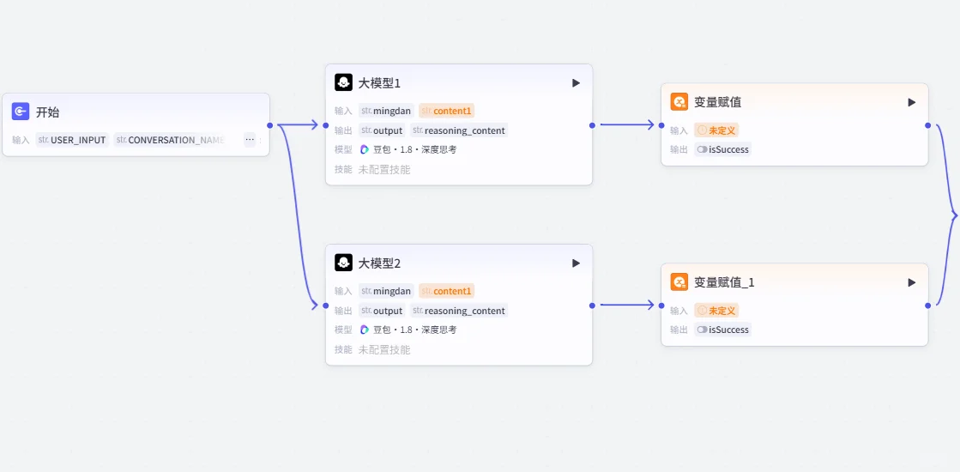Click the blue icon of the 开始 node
coord(21,112)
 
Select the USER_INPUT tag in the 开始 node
coord(72,140)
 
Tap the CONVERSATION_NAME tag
coord(170,140)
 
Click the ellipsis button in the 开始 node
coord(250,140)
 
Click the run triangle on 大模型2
coord(577,263)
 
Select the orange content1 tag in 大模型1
coord(447,111)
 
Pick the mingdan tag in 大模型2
coord(386,291)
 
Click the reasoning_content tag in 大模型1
coord(459,130)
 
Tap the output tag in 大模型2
coord(382,311)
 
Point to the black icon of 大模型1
coord(343,82)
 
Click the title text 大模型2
coord(379,263)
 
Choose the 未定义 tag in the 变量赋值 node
coord(716,130)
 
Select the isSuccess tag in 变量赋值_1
coord(722,330)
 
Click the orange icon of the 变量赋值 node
coord(679,102)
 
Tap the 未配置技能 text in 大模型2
coord(383,349)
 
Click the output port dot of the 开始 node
coord(270,125)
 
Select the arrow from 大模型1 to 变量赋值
coord(627,125)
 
